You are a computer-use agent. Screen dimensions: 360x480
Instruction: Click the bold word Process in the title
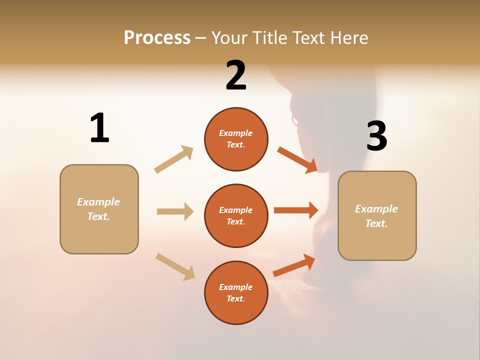[x=157, y=38]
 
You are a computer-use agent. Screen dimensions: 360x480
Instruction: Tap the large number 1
[x=99, y=128]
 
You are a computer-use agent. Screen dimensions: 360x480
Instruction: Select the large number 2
[x=236, y=76]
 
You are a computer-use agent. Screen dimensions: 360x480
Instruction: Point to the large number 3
[x=376, y=136]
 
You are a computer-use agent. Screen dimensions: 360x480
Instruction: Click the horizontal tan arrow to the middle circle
[x=175, y=211]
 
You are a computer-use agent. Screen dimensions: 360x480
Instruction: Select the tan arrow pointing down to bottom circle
[x=175, y=266]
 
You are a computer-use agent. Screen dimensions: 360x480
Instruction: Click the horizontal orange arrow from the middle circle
[x=296, y=210]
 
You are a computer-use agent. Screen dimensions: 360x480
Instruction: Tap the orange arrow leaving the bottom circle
[x=294, y=265]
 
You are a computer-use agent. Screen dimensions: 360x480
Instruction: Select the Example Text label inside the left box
[x=98, y=209]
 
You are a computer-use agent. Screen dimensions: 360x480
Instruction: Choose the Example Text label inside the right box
[x=376, y=216]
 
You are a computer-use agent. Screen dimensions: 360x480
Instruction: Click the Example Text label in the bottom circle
[x=236, y=293]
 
